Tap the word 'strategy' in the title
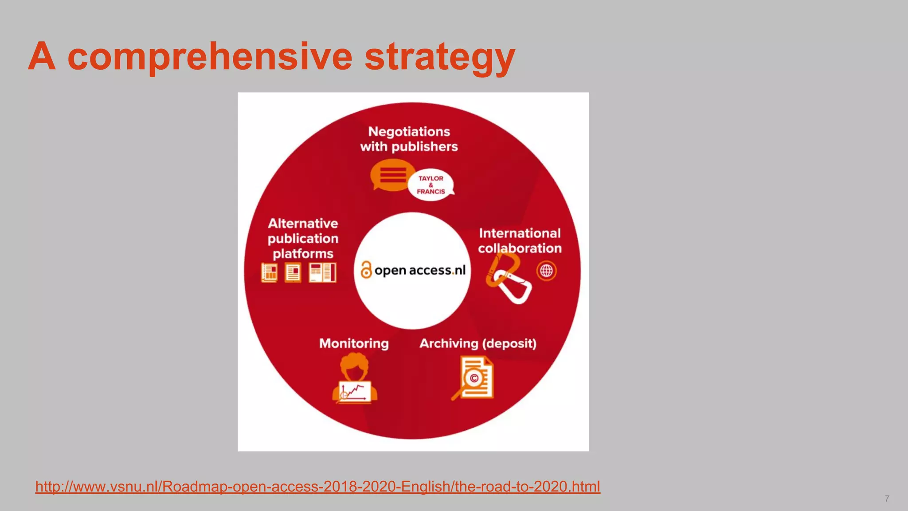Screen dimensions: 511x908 pyautogui.click(x=439, y=58)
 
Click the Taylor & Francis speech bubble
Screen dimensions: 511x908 pyautogui.click(x=431, y=185)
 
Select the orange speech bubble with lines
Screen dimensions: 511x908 pyautogui.click(x=392, y=175)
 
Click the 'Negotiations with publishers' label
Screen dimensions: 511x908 pyautogui.click(x=409, y=139)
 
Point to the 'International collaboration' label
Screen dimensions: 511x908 pyautogui.click(x=520, y=240)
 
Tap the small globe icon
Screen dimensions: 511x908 pyautogui.click(x=546, y=271)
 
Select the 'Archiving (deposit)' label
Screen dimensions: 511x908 pyautogui.click(x=478, y=343)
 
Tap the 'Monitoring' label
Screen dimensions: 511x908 pyautogui.click(x=354, y=343)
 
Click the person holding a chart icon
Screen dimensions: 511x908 pyautogui.click(x=355, y=379)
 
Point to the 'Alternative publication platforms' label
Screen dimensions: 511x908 pyautogui.click(x=303, y=238)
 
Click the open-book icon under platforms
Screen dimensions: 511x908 pyautogui.click(x=322, y=272)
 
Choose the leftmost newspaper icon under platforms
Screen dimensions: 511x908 pyautogui.click(x=269, y=272)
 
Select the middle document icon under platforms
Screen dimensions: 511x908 pyautogui.click(x=293, y=272)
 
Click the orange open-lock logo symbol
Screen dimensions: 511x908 pyautogui.click(x=366, y=270)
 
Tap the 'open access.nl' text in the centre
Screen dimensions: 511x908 pyautogui.click(x=420, y=270)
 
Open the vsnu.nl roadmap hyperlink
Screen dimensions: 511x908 pyautogui.click(x=317, y=487)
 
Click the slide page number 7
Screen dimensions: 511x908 pyautogui.click(x=887, y=499)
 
